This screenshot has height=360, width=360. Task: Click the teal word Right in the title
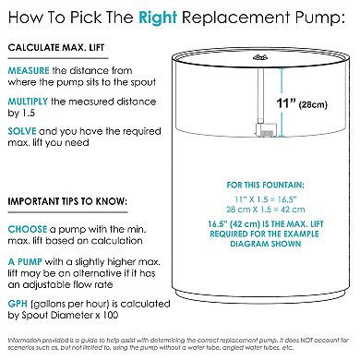point(158,18)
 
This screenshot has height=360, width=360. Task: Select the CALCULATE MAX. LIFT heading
point(56,48)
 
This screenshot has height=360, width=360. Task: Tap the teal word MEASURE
point(29,70)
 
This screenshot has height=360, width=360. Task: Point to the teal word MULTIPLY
point(28,102)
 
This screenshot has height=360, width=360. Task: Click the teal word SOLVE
point(22,131)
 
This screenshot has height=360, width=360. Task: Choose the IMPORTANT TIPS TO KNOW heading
point(67,201)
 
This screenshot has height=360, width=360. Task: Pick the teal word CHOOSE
point(28,229)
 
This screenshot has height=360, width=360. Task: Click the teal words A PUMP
point(25,262)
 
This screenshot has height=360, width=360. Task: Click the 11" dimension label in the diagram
point(286,103)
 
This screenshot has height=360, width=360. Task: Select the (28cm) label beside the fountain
point(313,105)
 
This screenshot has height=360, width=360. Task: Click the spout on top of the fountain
point(260,57)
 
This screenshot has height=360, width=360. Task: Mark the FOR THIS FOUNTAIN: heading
point(265,185)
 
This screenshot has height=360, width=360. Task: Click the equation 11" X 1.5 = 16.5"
point(265,199)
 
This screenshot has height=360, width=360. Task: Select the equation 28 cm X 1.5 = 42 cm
point(265,210)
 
